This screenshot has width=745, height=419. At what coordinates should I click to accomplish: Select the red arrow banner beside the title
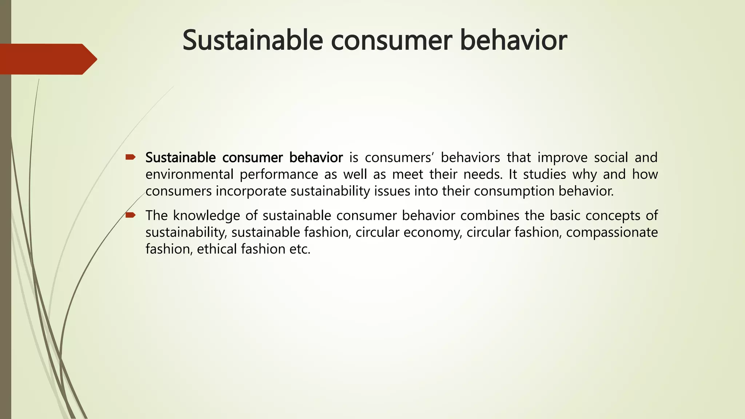coord(47,59)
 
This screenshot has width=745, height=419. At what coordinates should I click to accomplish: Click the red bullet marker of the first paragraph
coord(130,157)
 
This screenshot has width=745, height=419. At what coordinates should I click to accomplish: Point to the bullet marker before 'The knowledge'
coord(130,215)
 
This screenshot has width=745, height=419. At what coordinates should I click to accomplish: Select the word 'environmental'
coord(189,175)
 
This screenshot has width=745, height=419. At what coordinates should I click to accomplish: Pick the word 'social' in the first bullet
coord(611,158)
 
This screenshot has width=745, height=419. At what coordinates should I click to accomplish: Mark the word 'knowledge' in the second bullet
coord(206,216)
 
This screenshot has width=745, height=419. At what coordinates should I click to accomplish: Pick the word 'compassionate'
coord(612,232)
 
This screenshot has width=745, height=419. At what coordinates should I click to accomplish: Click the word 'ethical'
coord(217,249)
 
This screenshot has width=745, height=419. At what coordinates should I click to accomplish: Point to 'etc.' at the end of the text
coord(300,249)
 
